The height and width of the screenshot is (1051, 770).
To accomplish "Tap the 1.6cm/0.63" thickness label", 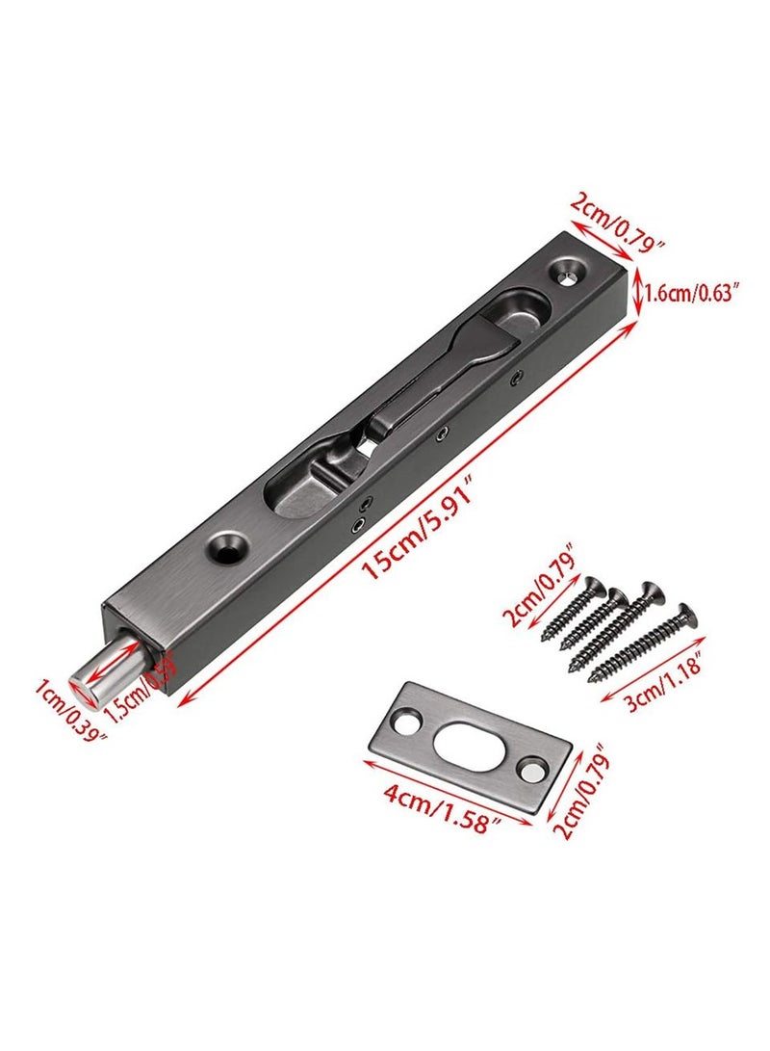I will (694, 291).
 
